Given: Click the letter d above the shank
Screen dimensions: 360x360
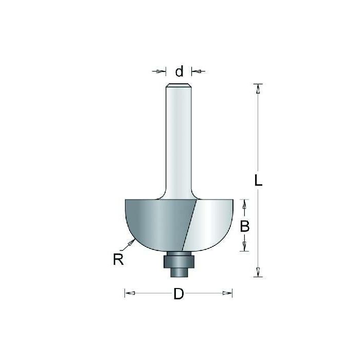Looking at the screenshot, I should coord(179,71).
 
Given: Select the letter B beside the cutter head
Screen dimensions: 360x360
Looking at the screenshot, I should coord(245,225).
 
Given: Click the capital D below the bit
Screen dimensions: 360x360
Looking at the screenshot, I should coord(178,294).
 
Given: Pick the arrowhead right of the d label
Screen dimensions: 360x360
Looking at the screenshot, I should coord(196,71).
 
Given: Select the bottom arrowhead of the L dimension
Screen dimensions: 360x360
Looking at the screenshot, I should coord(259,273).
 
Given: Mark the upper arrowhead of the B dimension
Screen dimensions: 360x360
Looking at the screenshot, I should coord(245,205).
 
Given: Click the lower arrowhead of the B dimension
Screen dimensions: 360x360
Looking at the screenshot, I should coord(245,246).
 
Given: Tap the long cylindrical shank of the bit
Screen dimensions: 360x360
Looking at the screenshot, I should coord(179,139).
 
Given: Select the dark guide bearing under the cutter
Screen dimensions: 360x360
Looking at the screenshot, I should coord(178,261).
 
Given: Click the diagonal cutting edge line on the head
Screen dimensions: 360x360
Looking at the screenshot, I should coord(191,226).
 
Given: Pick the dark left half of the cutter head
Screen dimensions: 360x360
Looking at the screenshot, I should coord(154,221).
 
